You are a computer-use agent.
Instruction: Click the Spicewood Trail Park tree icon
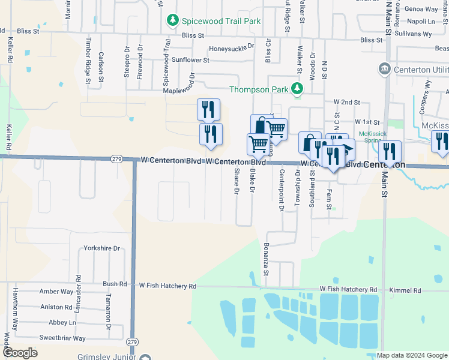coord(173,21)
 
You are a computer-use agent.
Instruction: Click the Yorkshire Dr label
coord(102,248)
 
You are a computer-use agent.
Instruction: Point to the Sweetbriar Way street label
coord(62,338)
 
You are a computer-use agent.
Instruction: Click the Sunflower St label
coord(190,60)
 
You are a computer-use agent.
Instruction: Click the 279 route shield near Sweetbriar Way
coord(132,341)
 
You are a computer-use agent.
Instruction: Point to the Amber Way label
coord(56,292)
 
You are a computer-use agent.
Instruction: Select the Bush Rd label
coord(115,284)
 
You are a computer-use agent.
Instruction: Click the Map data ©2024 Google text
coord(411,355)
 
